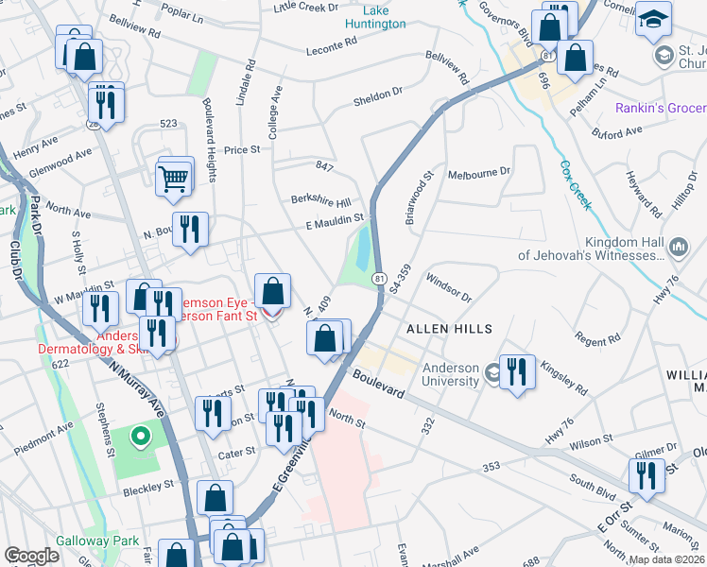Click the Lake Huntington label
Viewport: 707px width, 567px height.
click(368, 16)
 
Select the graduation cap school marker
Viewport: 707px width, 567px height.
click(654, 20)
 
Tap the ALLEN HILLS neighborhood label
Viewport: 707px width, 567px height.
click(449, 329)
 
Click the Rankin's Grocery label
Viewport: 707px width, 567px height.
click(660, 109)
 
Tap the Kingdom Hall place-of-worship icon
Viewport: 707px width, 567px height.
click(679, 248)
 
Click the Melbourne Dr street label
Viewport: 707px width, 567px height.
click(479, 173)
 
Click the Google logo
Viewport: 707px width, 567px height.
click(32, 556)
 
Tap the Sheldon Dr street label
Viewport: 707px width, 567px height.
click(377, 96)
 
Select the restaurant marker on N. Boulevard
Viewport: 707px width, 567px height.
click(190, 229)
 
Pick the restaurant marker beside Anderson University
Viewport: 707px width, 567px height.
click(517, 370)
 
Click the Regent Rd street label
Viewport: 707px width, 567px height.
click(598, 337)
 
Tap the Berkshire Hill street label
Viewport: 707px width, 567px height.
click(320, 202)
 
